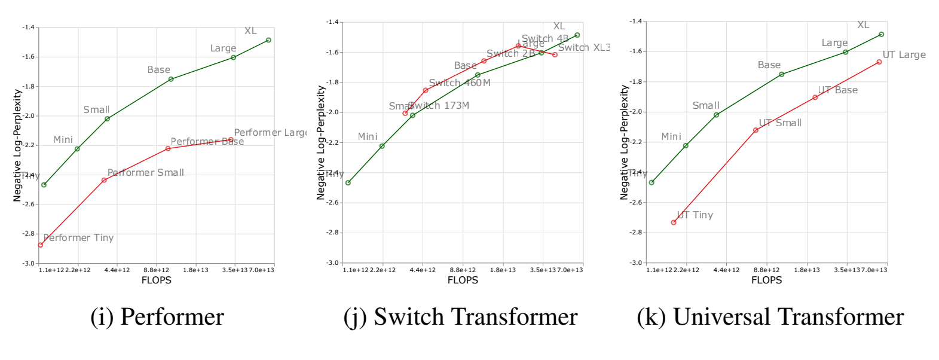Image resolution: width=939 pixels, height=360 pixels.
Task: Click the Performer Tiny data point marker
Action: click(41, 245)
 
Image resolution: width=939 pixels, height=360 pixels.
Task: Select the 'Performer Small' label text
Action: click(145, 172)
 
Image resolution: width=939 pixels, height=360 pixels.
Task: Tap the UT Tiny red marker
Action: click(674, 222)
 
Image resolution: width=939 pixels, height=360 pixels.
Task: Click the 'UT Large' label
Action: click(904, 55)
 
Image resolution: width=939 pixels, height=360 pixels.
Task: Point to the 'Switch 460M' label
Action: click(459, 83)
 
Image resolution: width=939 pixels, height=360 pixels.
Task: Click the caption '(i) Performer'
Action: click(157, 317)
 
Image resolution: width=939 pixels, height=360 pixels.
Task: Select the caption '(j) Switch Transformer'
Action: click(460, 317)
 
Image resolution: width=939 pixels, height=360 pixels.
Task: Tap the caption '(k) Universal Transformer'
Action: click(770, 317)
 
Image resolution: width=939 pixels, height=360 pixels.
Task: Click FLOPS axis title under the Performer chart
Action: click(157, 280)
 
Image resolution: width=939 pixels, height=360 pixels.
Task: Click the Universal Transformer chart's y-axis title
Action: click(625, 142)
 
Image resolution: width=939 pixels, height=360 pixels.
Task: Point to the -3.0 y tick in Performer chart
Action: click(29, 263)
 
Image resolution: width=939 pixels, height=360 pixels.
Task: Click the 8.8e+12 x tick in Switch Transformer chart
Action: click(463, 270)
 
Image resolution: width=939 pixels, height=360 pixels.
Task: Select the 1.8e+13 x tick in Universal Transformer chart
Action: click(807, 270)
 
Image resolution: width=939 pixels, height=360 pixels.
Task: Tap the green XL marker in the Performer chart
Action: click(268, 40)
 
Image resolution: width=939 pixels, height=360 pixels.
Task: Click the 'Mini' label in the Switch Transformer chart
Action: click(368, 137)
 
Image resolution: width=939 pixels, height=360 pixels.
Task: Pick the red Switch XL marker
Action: click(555, 55)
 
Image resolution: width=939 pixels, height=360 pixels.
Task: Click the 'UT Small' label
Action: click(780, 123)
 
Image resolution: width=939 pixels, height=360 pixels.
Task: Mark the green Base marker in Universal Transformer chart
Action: click(781, 75)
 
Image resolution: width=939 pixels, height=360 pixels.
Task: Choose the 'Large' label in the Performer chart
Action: click(223, 48)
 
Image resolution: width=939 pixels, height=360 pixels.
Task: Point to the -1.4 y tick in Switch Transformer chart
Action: click(332, 22)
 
